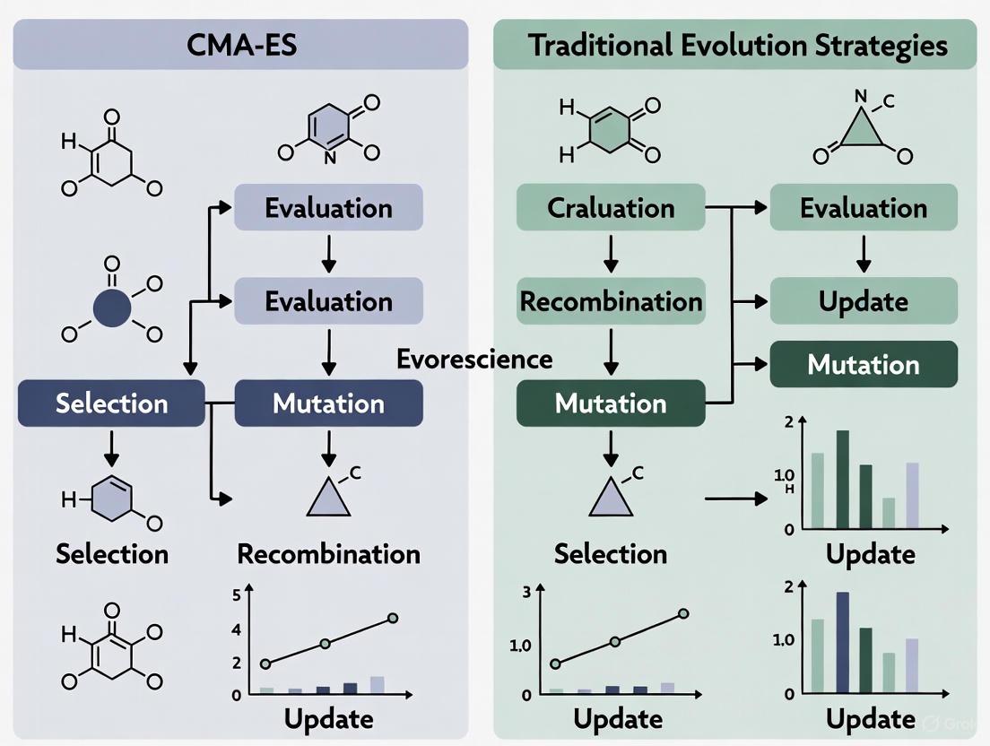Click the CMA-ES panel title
(239, 45)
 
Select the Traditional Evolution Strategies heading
(737, 45)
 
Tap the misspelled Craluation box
(611, 208)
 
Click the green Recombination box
(611, 301)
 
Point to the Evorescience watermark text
(474, 360)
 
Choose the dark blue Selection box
(112, 403)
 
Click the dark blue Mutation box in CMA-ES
(328, 403)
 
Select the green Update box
(864, 301)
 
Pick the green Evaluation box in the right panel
(864, 208)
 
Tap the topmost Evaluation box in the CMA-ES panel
(328, 208)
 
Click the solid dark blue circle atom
(112, 308)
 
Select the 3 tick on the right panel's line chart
(526, 591)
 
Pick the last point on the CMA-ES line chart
(392, 619)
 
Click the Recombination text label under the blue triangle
(328, 554)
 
